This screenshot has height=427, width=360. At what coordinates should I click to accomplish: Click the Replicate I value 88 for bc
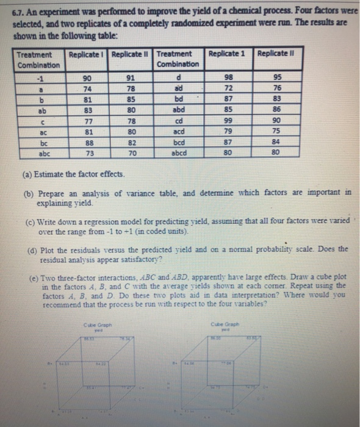(x=89, y=143)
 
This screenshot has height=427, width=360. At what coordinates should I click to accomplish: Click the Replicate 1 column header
(x=227, y=54)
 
